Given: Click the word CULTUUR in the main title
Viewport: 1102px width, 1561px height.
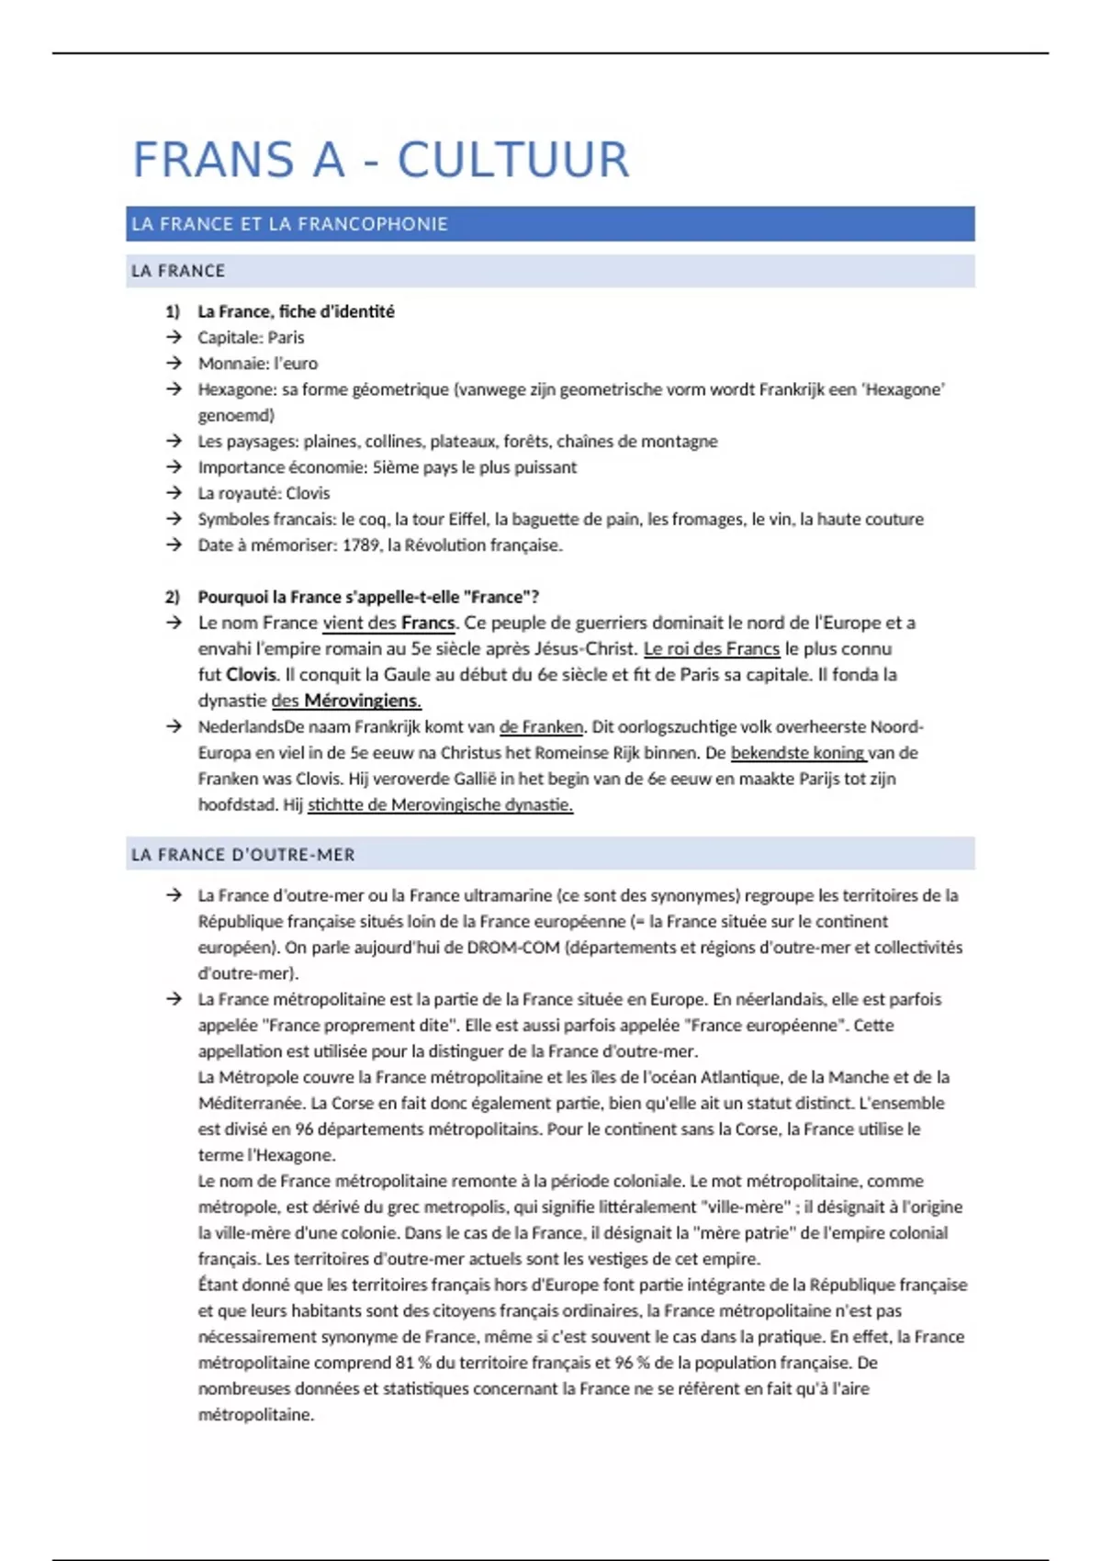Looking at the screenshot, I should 513,160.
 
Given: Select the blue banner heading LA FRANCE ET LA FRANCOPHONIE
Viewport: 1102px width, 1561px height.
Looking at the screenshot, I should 289,224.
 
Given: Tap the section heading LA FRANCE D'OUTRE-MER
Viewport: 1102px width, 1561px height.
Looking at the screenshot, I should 242,855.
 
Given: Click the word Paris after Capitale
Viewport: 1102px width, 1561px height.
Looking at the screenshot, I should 286,337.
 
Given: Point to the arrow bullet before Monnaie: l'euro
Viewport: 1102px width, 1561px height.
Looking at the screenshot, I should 174,363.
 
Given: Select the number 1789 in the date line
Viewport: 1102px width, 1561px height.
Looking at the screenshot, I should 362,545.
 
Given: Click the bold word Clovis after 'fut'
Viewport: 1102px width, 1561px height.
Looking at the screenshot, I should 251,674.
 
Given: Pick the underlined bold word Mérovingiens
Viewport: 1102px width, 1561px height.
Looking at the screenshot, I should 362,701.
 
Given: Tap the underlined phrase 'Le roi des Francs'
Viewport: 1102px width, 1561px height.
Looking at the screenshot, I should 711,648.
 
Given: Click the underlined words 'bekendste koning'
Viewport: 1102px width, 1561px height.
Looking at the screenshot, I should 797,753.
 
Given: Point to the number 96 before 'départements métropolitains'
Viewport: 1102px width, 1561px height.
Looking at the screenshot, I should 305,1129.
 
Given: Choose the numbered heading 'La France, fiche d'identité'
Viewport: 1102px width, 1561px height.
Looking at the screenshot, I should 296,311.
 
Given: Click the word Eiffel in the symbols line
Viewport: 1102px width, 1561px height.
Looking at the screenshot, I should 467,519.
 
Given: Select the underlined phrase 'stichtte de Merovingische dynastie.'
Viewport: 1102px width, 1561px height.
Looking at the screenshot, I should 440,804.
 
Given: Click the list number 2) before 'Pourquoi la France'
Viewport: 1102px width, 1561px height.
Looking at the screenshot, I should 173,597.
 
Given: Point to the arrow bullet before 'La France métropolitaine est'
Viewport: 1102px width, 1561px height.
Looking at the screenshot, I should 174,999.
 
